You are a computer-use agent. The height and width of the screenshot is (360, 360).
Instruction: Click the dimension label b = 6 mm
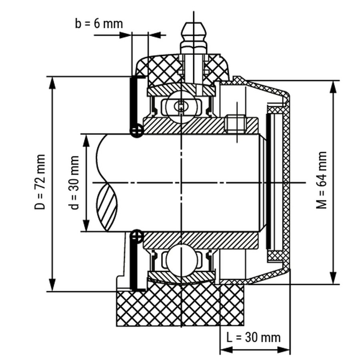pos(99,23)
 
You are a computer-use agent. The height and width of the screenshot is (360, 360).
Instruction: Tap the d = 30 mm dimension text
pos(74,182)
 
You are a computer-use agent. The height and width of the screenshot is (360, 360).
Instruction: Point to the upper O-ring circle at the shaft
pos(137,130)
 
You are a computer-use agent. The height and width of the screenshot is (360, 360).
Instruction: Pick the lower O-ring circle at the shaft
pos(137,236)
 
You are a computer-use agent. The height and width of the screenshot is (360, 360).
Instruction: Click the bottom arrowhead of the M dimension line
pos(333,278)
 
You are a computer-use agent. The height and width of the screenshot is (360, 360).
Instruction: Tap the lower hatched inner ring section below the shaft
pos(200,240)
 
